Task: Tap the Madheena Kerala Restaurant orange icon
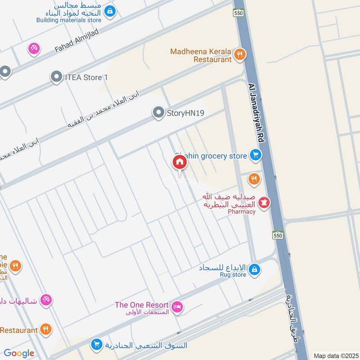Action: tap(240, 55)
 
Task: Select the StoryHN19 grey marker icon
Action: tap(158, 113)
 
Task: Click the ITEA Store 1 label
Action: tap(86, 77)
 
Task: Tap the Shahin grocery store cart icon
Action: tap(256, 156)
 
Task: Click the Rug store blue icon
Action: tap(255, 270)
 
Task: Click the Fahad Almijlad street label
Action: tap(76, 40)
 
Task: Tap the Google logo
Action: tap(19, 353)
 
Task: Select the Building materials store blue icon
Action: tap(109, 9)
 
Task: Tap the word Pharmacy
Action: tap(241, 211)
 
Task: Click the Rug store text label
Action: tap(233, 274)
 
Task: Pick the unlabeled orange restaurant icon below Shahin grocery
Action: tap(254, 180)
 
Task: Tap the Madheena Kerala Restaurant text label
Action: tap(201, 55)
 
